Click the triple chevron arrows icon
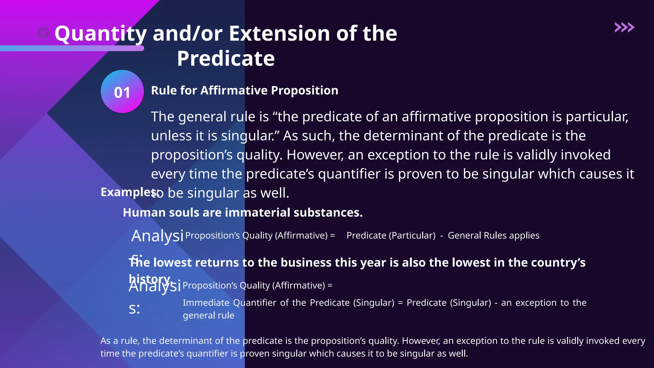point(624,27)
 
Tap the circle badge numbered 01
point(122,92)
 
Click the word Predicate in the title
point(226,58)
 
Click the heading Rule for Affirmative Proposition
point(244,90)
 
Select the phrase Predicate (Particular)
point(391,235)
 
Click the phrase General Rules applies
point(493,235)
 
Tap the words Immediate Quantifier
point(229,303)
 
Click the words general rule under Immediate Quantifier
point(208,316)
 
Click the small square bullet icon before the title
point(43,32)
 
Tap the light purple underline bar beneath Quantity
point(72,49)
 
